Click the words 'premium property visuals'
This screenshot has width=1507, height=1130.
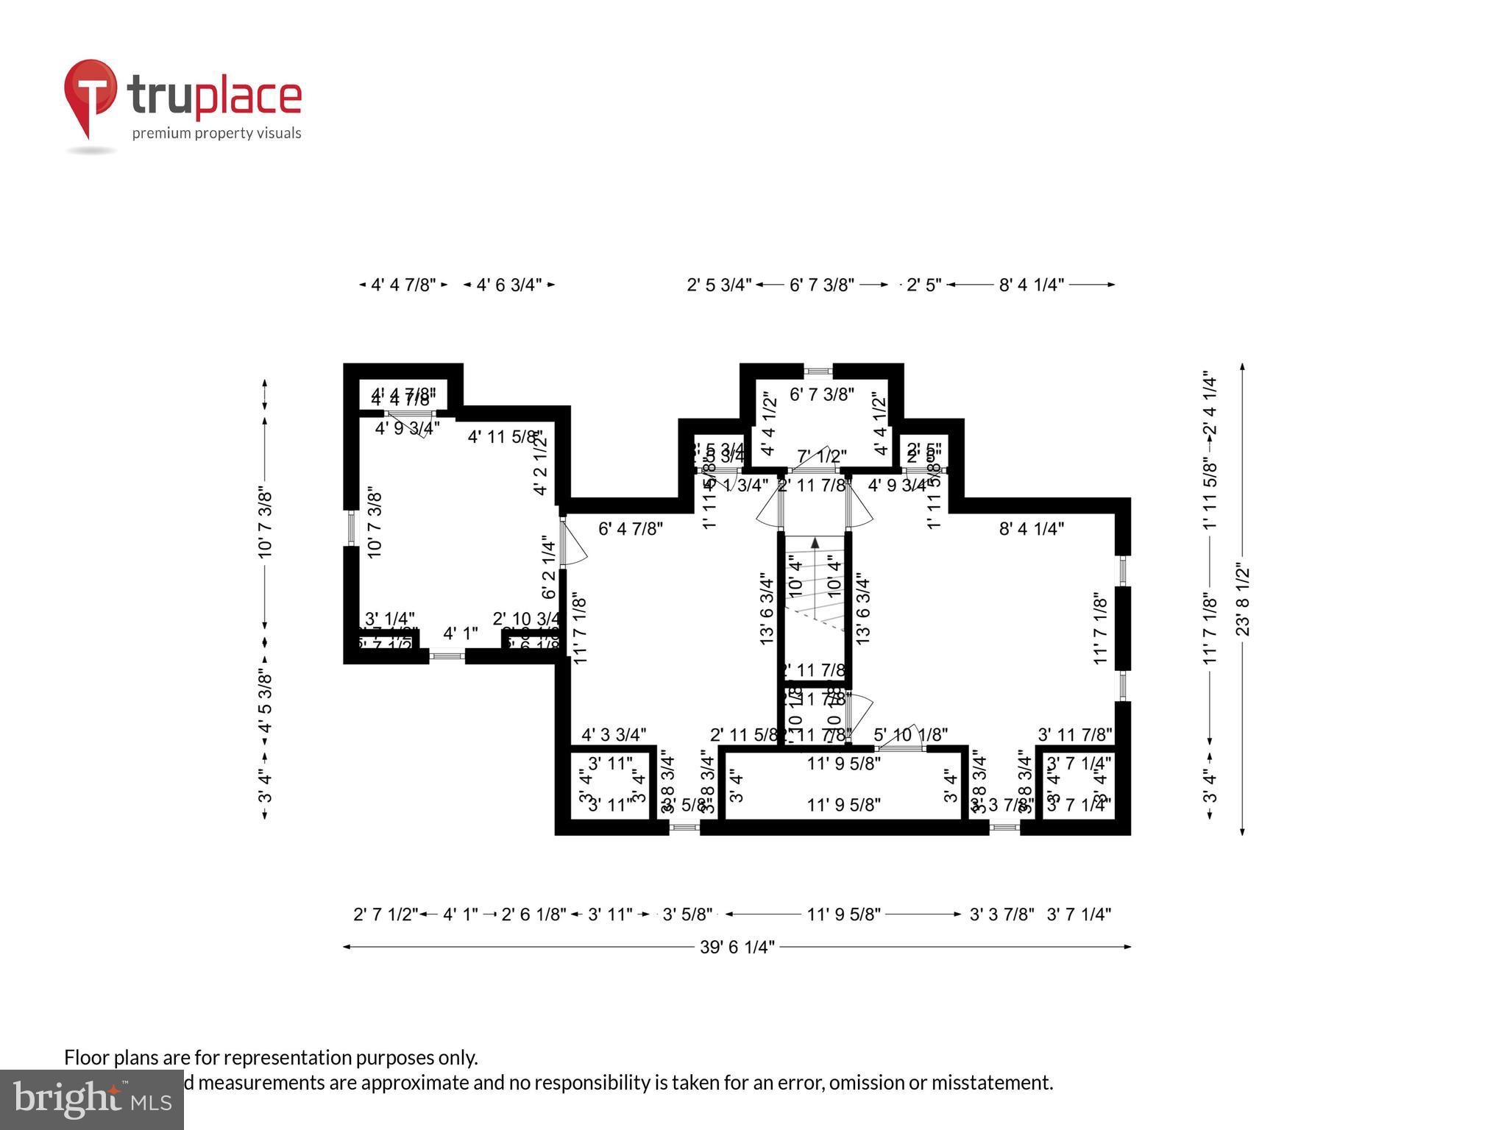(x=216, y=133)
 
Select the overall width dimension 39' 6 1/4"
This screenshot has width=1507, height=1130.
(x=737, y=947)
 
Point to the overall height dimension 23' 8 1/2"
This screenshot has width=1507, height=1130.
(x=1243, y=600)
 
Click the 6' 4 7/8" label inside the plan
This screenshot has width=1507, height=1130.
(x=631, y=528)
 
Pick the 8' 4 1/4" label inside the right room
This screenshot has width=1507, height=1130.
(x=1031, y=528)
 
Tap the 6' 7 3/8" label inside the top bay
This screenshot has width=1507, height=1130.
(x=821, y=394)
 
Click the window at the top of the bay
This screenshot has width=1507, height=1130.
(x=818, y=372)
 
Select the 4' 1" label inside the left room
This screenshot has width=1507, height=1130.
(x=461, y=633)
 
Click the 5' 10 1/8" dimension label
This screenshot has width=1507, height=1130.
(x=910, y=734)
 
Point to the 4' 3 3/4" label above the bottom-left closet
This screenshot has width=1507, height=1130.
(x=614, y=734)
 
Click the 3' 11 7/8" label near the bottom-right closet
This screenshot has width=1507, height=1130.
(x=1074, y=734)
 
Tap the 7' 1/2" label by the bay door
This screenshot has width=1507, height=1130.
(x=822, y=456)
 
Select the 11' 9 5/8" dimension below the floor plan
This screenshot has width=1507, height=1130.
(x=843, y=914)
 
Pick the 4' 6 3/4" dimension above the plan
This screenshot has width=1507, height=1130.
(x=508, y=285)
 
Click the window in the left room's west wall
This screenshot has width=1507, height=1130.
(x=351, y=527)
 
